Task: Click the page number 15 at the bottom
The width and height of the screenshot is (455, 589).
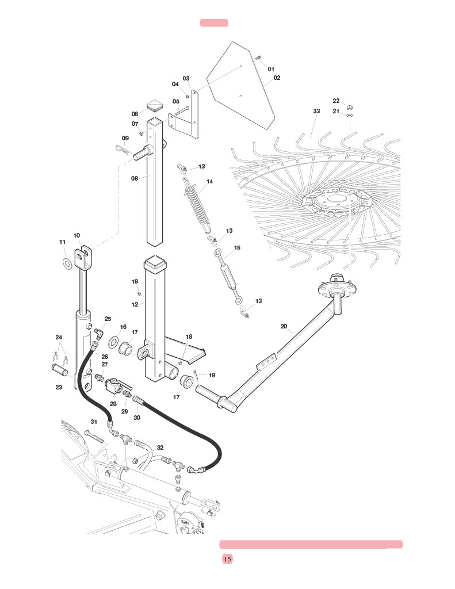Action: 227,559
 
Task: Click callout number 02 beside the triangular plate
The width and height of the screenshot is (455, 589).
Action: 277,78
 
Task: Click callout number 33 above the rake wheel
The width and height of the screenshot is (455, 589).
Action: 316,111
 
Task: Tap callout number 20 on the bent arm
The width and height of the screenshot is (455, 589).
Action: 284,326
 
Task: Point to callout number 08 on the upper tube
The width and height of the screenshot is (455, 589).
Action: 135,178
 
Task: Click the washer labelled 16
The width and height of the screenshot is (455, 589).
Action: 112,343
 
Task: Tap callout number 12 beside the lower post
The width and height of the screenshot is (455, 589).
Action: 135,304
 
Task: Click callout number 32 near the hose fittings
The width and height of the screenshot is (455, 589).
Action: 160,448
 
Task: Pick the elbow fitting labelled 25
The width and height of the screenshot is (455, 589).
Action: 99,332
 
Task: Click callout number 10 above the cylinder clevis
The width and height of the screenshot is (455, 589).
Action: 77,235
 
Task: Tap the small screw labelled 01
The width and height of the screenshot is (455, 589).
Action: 259,58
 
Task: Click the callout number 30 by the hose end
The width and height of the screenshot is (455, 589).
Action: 136,418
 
